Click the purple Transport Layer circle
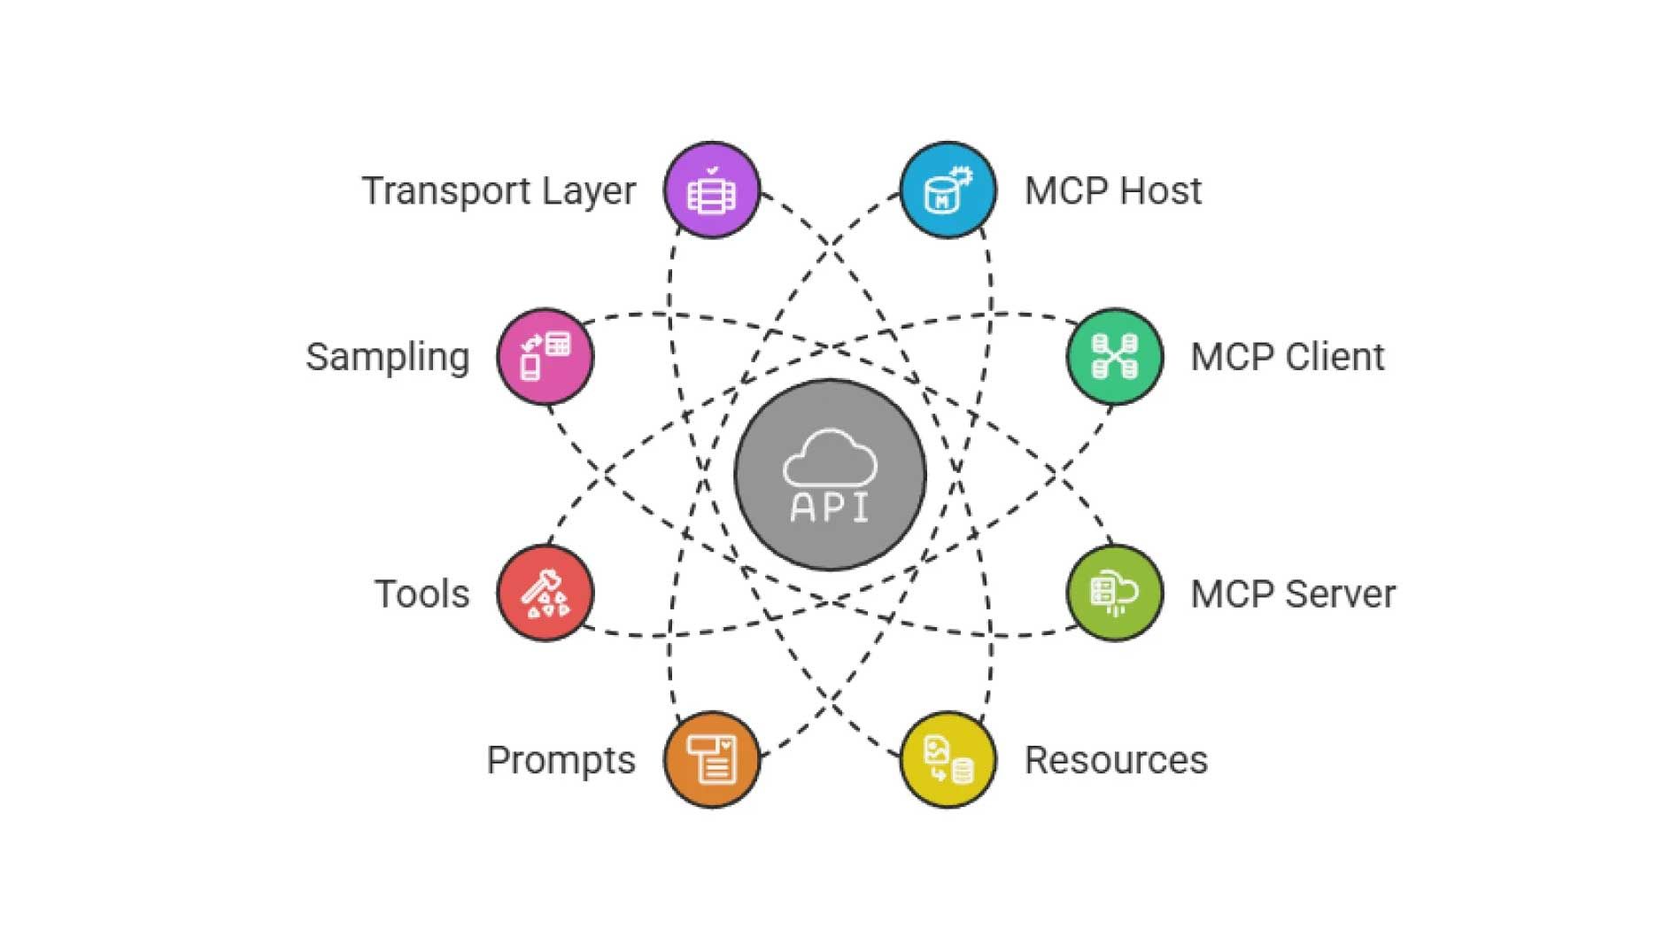(x=712, y=190)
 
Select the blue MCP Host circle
(x=948, y=190)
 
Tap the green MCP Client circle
(x=1114, y=357)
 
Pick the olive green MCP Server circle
(x=1114, y=593)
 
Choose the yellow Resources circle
(x=948, y=759)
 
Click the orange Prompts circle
(x=712, y=759)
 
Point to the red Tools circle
(x=545, y=593)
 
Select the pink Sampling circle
(x=545, y=357)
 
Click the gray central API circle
(x=830, y=475)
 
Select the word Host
(x=1160, y=190)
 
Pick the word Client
(x=1335, y=357)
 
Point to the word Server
(x=1340, y=593)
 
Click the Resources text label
(x=1116, y=760)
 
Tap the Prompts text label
(x=561, y=761)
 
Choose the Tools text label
(x=422, y=593)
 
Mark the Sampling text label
(x=388, y=358)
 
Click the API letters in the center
(x=830, y=507)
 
